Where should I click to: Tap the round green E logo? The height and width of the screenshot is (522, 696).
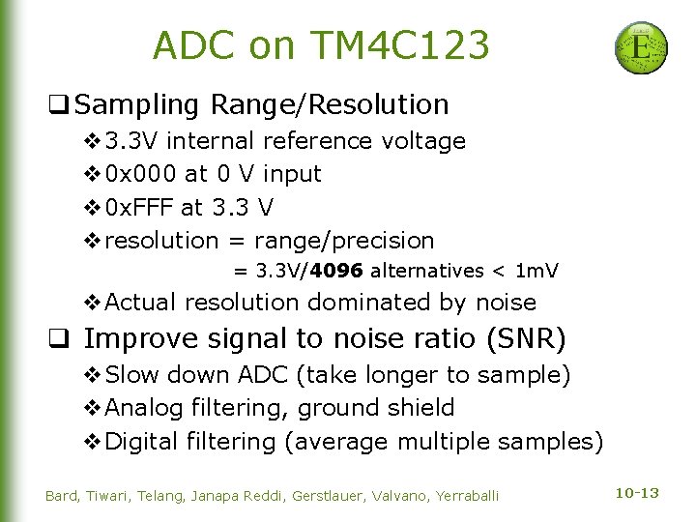click(641, 47)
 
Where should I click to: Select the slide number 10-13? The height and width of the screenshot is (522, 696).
click(637, 494)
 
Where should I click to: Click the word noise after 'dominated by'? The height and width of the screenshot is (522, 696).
click(506, 303)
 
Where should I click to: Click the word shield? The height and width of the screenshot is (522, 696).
click(420, 408)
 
